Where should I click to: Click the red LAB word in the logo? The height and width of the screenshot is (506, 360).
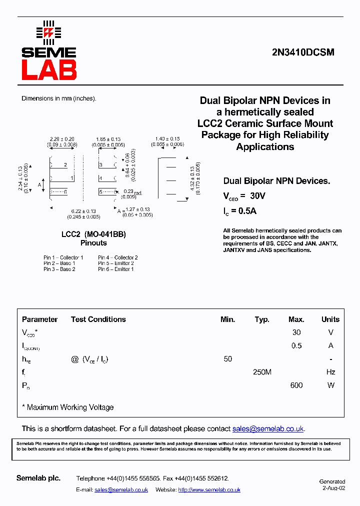coord(49,69)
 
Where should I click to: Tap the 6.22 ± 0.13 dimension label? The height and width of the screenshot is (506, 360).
coord(83,211)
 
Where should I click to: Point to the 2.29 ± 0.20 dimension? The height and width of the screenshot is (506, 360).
coord(62,139)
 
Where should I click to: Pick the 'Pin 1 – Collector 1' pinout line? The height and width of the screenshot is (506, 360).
coord(63,257)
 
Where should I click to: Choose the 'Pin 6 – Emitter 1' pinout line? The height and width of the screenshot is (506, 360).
coord(116,269)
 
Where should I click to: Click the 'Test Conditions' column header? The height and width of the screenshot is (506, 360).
coord(98,319)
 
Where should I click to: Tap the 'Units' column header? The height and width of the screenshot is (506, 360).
coord(330,319)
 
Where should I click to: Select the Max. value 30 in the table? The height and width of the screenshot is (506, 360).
coord(296,332)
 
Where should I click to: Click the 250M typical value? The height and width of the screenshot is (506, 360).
coord(262,372)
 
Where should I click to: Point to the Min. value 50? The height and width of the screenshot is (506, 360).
coord(228,359)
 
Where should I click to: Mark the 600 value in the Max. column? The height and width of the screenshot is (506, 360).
coord(296,385)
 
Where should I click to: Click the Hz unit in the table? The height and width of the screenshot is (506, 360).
coord(330,372)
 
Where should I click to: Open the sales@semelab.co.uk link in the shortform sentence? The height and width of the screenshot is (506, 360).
coord(268,428)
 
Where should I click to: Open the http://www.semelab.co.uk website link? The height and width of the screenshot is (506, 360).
coord(209,490)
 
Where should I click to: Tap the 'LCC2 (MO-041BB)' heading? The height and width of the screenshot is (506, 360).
coord(93,234)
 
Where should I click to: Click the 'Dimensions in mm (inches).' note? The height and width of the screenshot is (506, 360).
coord(58,98)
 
